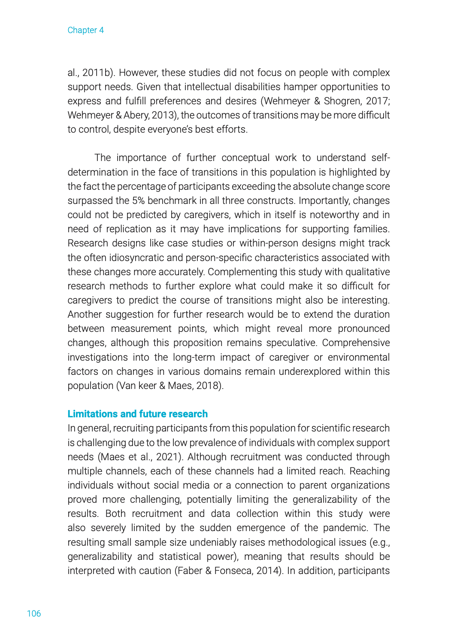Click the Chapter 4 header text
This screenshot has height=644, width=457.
[85, 30]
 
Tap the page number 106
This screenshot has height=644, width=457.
[34, 614]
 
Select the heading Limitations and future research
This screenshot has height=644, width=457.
[137, 414]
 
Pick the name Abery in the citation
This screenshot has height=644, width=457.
[136, 115]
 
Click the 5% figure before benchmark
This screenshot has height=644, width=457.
[139, 200]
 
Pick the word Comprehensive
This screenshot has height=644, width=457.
[356, 343]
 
